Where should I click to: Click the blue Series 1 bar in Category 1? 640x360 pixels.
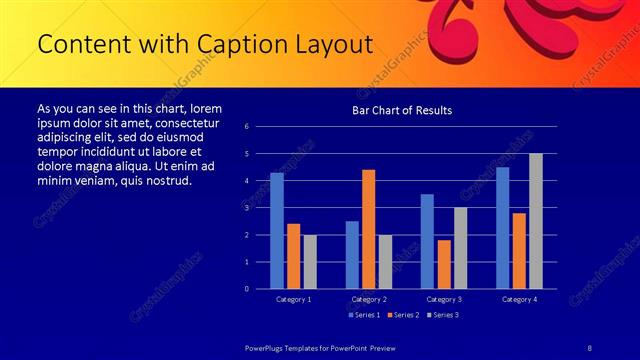(277, 231)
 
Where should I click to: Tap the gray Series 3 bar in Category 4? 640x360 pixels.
(535, 221)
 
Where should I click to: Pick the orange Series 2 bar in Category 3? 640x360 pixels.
(444, 264)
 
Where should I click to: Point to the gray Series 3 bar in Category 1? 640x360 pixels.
(310, 262)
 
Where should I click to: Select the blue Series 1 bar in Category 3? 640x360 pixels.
(427, 241)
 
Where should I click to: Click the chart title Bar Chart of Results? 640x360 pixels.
(402, 110)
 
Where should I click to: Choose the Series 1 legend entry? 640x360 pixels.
(363, 315)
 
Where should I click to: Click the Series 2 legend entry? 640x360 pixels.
(401, 315)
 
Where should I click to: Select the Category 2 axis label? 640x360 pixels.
(369, 299)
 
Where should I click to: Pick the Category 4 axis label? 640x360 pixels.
(519, 299)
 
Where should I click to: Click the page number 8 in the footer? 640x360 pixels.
(589, 346)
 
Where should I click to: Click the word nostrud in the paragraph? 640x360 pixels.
(167, 181)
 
